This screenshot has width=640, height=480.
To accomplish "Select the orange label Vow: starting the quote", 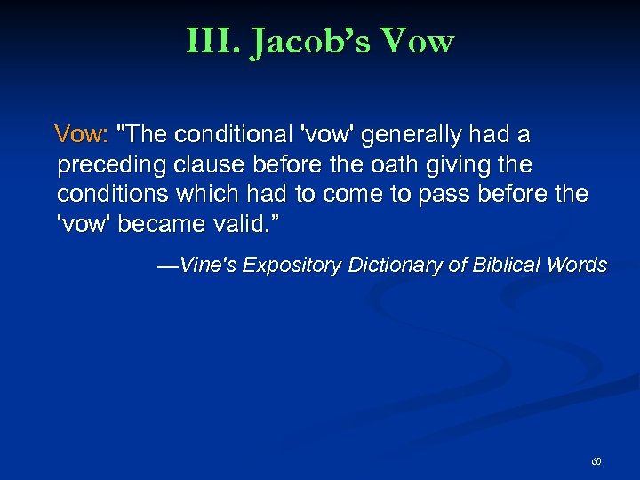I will click(81, 135).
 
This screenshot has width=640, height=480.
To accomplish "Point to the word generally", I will click(407, 135).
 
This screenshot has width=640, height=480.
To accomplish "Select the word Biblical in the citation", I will click(506, 265).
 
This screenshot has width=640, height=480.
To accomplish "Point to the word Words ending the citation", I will click(577, 265).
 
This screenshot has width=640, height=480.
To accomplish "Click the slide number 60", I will click(596, 462).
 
